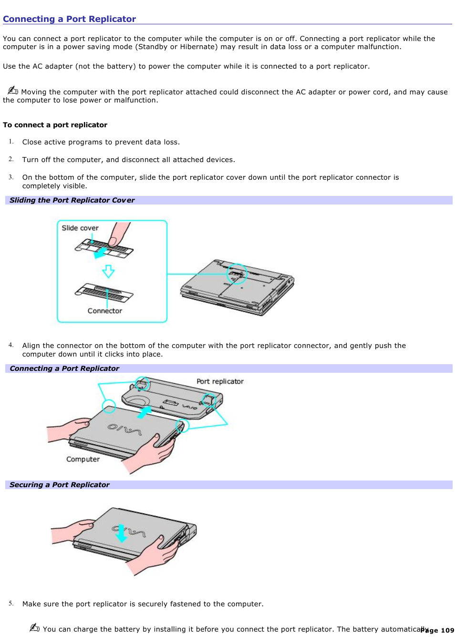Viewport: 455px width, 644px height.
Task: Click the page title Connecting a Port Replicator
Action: tap(69, 19)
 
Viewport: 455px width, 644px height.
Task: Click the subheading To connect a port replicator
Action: tap(55, 125)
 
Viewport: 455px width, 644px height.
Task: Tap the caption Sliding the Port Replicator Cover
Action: tap(72, 200)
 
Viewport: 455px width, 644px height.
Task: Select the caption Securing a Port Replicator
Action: tap(59, 485)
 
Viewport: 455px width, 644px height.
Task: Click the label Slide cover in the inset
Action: tap(80, 228)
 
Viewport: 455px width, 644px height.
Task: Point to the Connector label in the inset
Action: tap(104, 311)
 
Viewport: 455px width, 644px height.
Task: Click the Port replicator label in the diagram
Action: tap(220, 381)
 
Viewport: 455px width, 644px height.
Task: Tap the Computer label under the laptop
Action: tap(83, 459)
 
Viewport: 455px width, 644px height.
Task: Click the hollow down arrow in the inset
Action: tap(108, 271)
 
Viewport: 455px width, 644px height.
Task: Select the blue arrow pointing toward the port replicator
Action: tap(144, 412)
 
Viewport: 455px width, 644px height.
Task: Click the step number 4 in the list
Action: tap(10, 345)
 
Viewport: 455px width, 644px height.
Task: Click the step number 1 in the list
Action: tap(10, 142)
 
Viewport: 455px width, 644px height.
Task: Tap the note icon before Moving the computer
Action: tap(12, 91)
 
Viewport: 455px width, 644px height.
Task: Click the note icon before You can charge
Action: tap(34, 628)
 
